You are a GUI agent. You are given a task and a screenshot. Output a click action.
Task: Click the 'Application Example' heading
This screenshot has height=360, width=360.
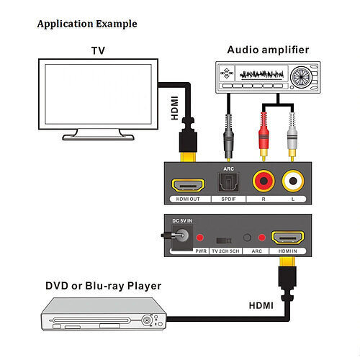click(x=87, y=24)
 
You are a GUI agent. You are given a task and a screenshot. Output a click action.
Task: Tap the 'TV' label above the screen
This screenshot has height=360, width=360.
click(x=98, y=50)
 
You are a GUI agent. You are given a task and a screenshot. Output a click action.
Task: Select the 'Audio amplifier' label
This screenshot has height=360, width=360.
click(x=268, y=50)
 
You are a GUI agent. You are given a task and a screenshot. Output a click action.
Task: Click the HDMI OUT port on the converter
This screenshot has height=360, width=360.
click(x=188, y=185)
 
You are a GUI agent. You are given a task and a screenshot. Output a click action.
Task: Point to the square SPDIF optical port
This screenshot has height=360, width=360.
click(x=228, y=182)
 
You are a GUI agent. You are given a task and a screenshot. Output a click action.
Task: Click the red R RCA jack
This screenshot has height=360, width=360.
click(x=264, y=181)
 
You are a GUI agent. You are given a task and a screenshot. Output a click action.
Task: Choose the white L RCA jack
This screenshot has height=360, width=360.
click(x=293, y=181)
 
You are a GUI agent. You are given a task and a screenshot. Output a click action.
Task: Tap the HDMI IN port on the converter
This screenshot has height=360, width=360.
click(x=287, y=238)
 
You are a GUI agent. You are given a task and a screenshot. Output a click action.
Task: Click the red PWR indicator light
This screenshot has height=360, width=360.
click(x=200, y=238)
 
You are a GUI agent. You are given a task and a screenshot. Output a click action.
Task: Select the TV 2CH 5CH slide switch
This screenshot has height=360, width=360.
click(x=224, y=240)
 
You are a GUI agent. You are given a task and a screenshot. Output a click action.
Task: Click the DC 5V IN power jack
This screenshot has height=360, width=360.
click(x=182, y=235)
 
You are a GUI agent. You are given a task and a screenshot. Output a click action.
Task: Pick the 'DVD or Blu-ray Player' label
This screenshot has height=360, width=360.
click(x=104, y=286)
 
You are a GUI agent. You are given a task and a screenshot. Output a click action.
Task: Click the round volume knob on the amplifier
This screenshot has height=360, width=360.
click(x=300, y=77)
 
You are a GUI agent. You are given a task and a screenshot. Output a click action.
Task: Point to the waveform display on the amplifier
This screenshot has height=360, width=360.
click(x=261, y=75)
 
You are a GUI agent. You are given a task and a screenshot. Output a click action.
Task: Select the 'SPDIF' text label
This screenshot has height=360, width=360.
click(x=228, y=199)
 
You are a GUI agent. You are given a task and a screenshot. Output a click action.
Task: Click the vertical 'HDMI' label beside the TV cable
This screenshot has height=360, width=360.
click(x=174, y=108)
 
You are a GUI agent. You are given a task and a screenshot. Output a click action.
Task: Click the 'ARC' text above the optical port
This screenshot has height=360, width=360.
click(x=228, y=169)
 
